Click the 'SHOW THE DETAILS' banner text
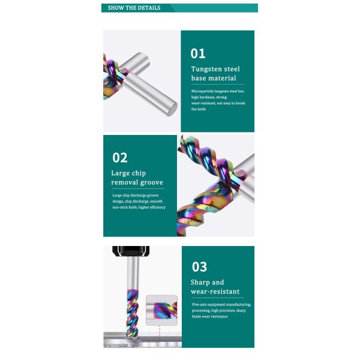click(x=134, y=8)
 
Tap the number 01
click(x=198, y=53)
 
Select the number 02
click(x=120, y=158)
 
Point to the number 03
click(x=199, y=267)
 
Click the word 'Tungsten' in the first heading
click(x=206, y=69)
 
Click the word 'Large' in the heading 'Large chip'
click(x=119, y=173)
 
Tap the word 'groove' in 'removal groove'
click(x=152, y=182)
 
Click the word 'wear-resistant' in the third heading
click(x=215, y=292)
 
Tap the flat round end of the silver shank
click(x=172, y=110)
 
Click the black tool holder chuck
click(x=131, y=251)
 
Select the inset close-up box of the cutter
click(x=161, y=310)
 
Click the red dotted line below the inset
click(x=160, y=334)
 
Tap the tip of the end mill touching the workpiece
click(x=133, y=337)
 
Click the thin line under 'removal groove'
click(x=139, y=189)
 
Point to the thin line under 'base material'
click(x=218, y=85)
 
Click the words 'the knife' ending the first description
click(x=199, y=109)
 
